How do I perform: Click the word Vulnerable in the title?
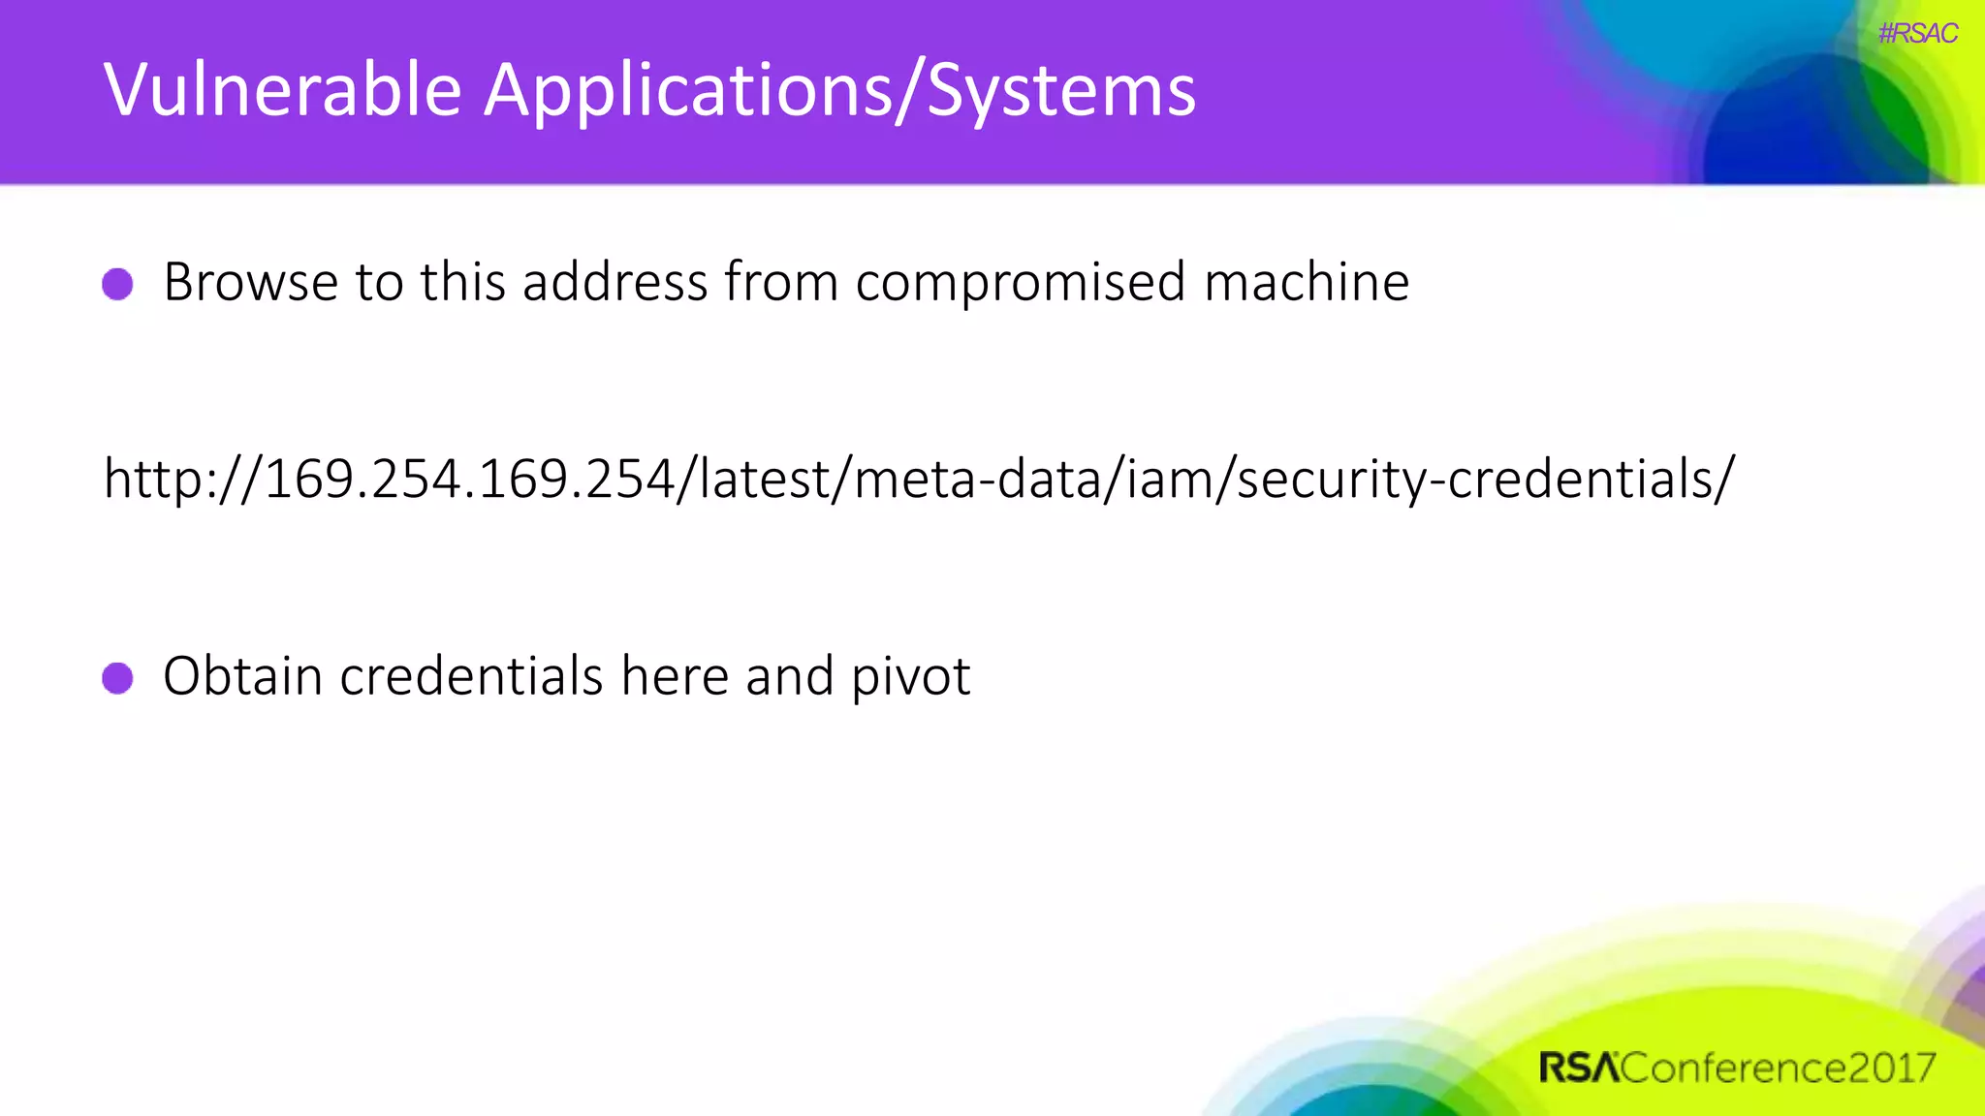click(x=282, y=90)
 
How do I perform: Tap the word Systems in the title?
click(x=1061, y=90)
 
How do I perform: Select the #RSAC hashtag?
click(x=1917, y=34)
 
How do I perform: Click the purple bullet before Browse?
click(x=117, y=284)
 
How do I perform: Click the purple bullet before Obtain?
click(x=117, y=678)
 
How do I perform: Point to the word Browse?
click(x=250, y=283)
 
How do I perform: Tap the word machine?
click(x=1307, y=283)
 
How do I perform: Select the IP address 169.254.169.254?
click(x=469, y=480)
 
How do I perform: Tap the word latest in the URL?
click(x=764, y=480)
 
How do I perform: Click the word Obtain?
click(x=242, y=676)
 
